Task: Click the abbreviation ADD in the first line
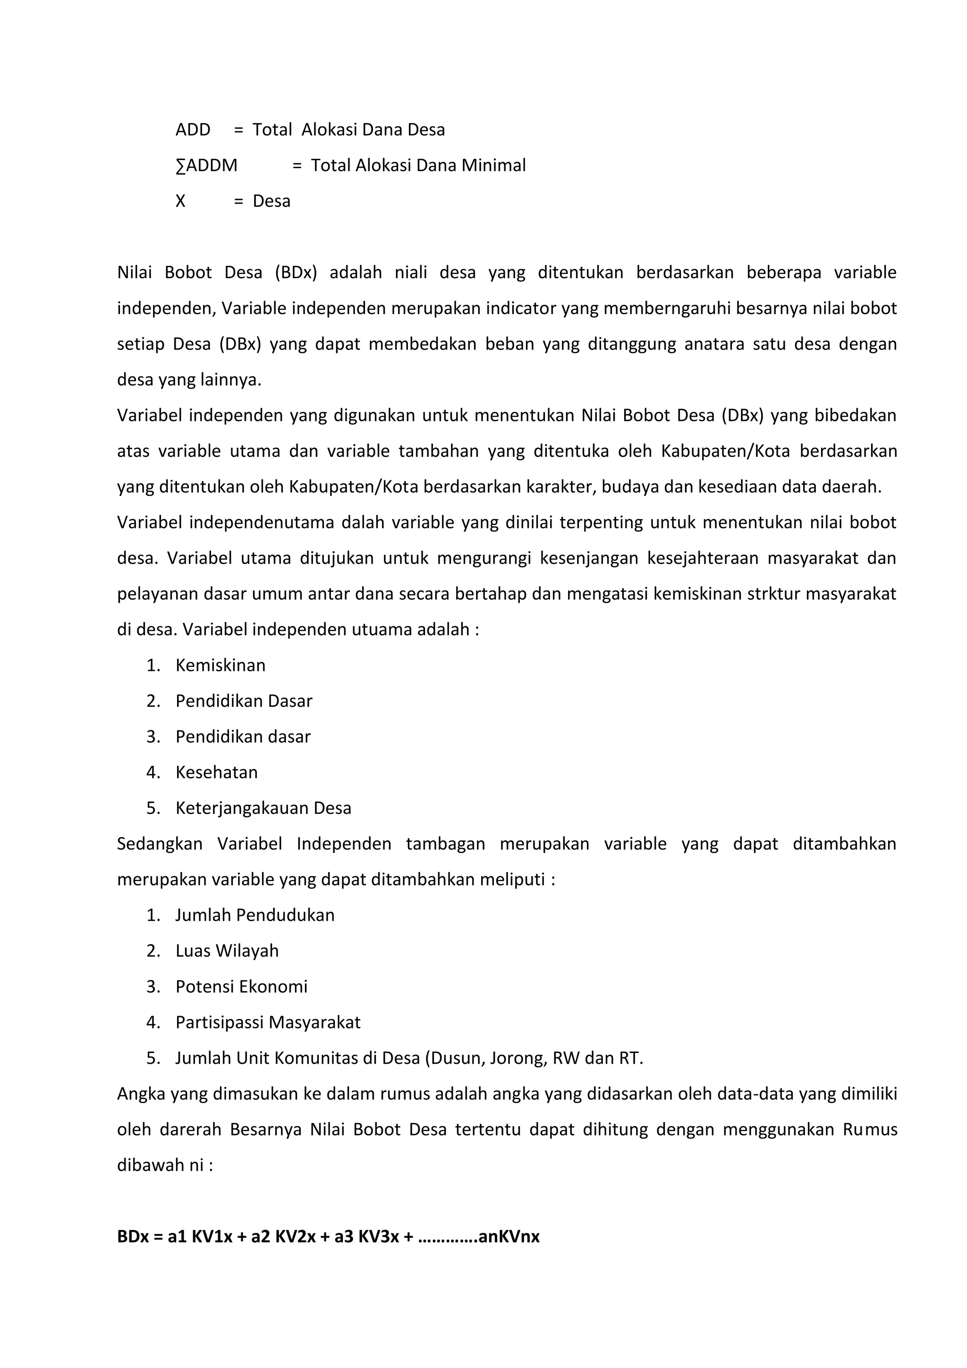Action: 193,130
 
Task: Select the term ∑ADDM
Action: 207,166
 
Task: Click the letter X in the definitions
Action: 180,201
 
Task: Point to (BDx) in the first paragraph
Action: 296,273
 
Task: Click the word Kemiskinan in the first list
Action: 221,666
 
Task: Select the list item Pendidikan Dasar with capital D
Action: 244,701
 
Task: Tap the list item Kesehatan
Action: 217,773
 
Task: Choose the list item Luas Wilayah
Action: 227,951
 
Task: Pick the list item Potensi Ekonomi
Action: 241,987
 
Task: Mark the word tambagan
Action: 445,844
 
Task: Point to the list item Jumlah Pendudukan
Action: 255,916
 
